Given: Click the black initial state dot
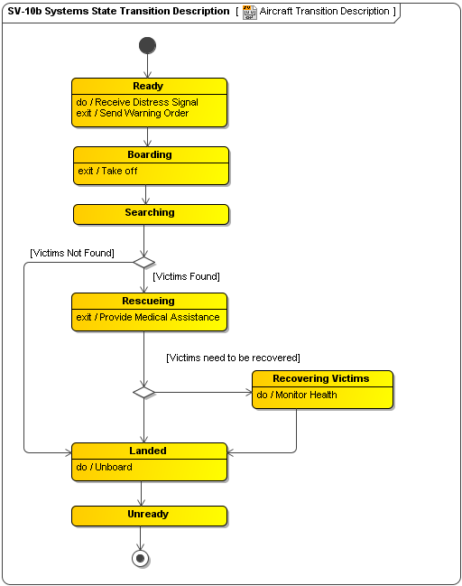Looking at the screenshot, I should (x=147, y=45).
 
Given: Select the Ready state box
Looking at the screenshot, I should (x=149, y=102).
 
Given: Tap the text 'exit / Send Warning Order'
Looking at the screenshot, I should (x=132, y=114).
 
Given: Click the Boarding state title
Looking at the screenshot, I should (x=150, y=154).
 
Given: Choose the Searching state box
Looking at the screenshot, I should (x=151, y=214).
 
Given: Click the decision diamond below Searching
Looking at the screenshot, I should (x=144, y=262).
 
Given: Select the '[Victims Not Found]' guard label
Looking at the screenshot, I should (x=72, y=253).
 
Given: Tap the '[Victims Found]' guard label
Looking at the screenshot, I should (x=186, y=276).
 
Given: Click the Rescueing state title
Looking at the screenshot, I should (x=149, y=301).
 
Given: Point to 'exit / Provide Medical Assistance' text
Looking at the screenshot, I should (x=148, y=317).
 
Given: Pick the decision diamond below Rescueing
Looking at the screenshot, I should (x=144, y=392).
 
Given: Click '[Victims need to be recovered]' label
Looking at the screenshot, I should (x=233, y=358).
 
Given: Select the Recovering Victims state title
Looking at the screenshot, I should (x=321, y=378).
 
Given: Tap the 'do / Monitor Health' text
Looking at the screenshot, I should (x=297, y=395).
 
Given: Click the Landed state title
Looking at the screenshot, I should (x=148, y=451).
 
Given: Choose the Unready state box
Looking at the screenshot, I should (x=149, y=515).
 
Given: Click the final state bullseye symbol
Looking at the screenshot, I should (x=140, y=558).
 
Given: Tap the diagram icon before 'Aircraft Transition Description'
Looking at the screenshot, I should (x=250, y=12).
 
